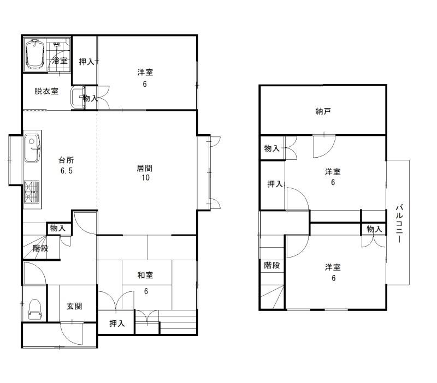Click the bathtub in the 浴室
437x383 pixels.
coord(35,54)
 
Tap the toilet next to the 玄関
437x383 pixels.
coord(35,309)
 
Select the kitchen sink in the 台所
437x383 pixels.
coord(32,148)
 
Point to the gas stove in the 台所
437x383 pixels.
coord(32,192)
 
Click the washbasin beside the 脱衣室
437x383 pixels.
coord(78,97)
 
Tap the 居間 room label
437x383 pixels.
coord(144,169)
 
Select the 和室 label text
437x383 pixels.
coord(145,276)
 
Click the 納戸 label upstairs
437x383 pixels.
coord(323,111)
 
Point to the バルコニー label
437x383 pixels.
coord(399,224)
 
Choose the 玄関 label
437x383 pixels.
coord(74,306)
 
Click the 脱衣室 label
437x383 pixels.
coord(46,91)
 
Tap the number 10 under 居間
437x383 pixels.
coord(146,178)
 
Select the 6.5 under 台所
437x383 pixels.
coord(67,171)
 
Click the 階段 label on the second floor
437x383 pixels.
coord(271,265)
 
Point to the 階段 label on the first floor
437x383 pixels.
coord(40,248)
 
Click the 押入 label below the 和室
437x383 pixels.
coord(117,324)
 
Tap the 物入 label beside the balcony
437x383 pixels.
coord(374,229)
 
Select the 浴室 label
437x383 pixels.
coord(60,61)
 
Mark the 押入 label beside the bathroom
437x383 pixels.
coord(86,62)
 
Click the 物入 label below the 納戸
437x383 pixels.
coord(271,148)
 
